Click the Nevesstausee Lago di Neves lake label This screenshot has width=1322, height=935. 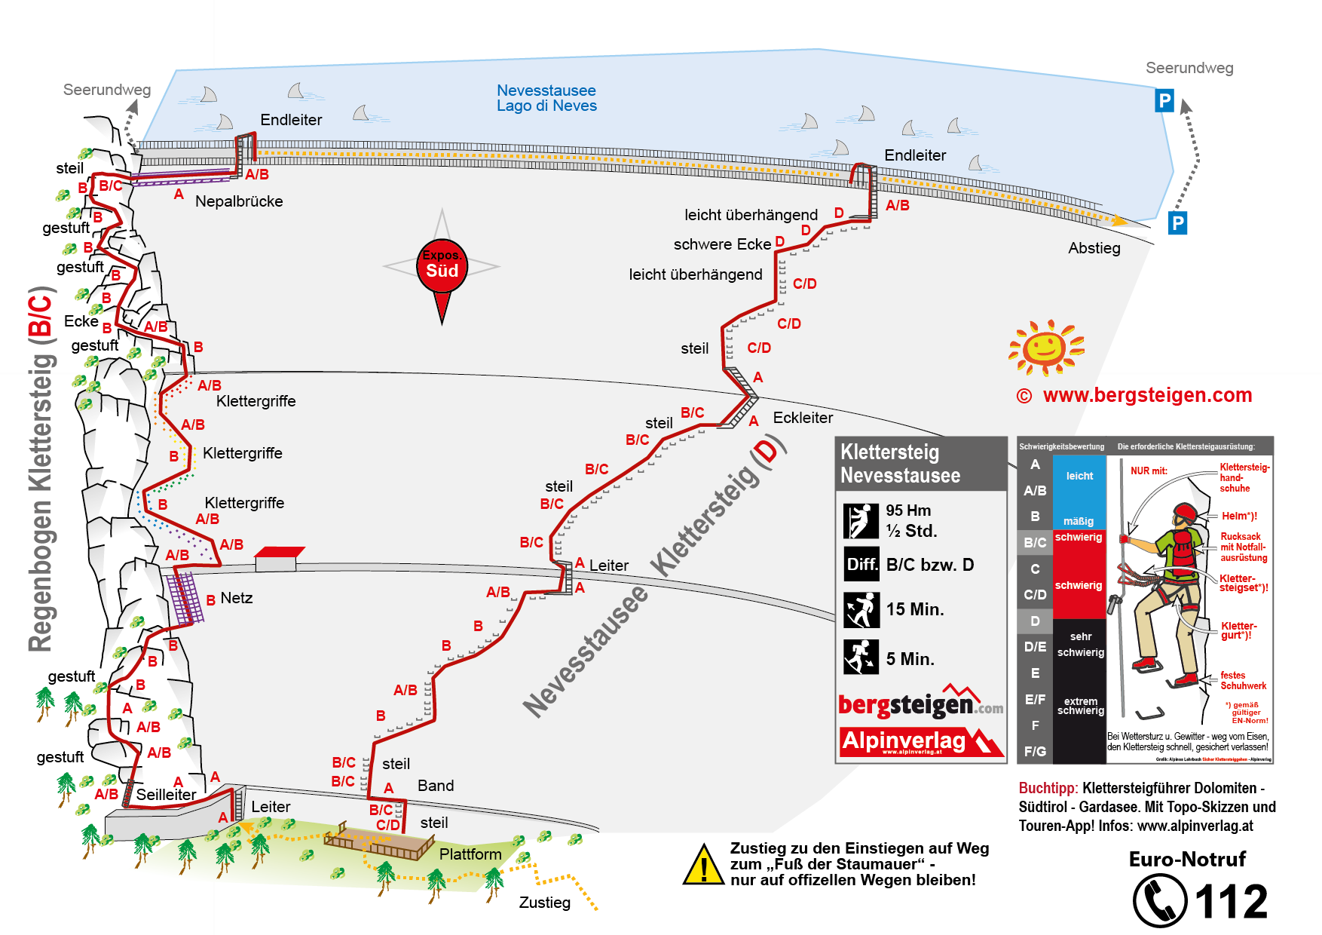pos(546,98)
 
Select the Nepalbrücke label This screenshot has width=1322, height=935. pos(239,201)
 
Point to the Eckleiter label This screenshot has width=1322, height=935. pos(803,418)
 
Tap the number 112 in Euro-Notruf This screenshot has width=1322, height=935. pos(1231,902)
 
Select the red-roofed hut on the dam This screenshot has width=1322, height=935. pos(278,559)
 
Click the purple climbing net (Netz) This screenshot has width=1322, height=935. pos(185,598)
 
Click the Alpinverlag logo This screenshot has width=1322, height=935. pos(921,742)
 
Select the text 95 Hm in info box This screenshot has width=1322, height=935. pos(908,510)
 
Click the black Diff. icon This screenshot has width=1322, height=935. pos(861,565)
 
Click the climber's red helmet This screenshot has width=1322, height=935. pos(1184,513)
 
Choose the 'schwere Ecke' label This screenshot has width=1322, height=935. pos(722,244)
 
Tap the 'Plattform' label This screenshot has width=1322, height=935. pos(470,854)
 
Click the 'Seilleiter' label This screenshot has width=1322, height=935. pos(166,795)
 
